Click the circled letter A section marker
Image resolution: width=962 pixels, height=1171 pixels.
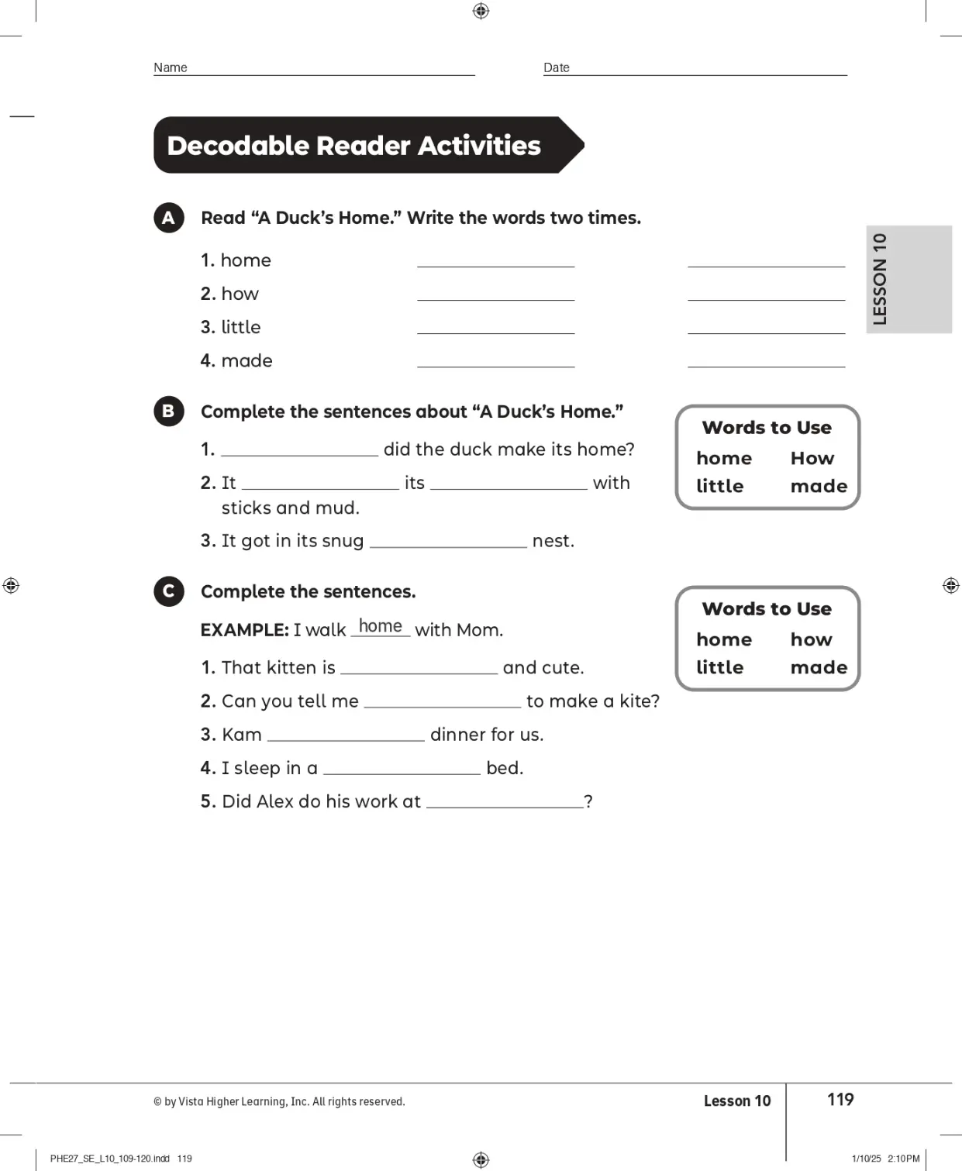tap(169, 218)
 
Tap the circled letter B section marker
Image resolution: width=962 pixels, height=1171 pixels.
tap(169, 411)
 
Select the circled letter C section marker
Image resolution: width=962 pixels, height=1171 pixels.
tap(169, 591)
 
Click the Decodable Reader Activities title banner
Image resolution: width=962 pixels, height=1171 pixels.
tap(364, 146)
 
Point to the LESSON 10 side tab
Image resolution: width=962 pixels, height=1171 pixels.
tap(908, 279)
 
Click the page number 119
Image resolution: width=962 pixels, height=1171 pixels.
tap(840, 1099)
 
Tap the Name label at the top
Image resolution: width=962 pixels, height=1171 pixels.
tap(171, 67)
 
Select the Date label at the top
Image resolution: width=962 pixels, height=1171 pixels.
tap(557, 67)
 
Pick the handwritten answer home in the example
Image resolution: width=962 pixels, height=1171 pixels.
tap(380, 626)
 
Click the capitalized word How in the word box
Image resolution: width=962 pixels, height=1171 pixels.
tap(812, 458)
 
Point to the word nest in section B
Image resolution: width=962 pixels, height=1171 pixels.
tap(552, 541)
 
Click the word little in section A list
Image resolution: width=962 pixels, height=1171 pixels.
tap(240, 327)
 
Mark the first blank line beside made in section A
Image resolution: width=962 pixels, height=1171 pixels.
tap(495, 361)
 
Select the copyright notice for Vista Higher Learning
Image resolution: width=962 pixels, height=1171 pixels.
tap(279, 1101)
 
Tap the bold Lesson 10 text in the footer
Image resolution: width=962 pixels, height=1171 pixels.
tap(736, 1100)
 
